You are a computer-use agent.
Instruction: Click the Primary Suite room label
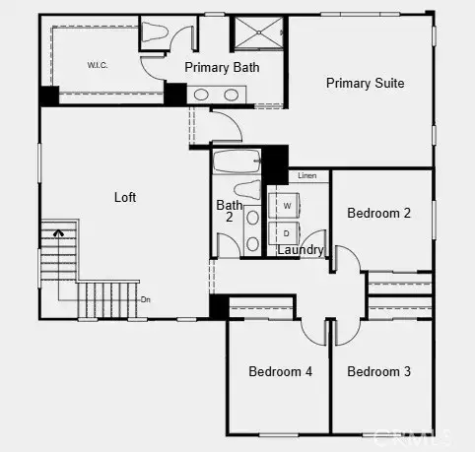(365, 83)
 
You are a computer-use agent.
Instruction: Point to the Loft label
(125, 197)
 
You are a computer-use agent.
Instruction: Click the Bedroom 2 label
(379, 213)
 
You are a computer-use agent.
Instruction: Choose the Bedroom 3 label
(379, 371)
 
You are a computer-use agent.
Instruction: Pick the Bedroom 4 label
(280, 371)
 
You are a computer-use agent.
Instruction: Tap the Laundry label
(300, 250)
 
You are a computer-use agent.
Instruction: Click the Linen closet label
(307, 175)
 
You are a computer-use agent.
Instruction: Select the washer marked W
(287, 206)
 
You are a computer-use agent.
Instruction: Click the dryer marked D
(287, 234)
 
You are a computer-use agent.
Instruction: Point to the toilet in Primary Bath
(155, 32)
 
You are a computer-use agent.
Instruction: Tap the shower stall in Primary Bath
(258, 32)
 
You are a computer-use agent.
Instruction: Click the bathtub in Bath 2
(237, 161)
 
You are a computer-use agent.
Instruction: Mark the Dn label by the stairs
(146, 299)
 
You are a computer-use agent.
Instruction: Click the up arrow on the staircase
(58, 234)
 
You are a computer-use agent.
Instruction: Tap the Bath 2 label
(226, 211)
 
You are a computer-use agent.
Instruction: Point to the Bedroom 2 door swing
(346, 260)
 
